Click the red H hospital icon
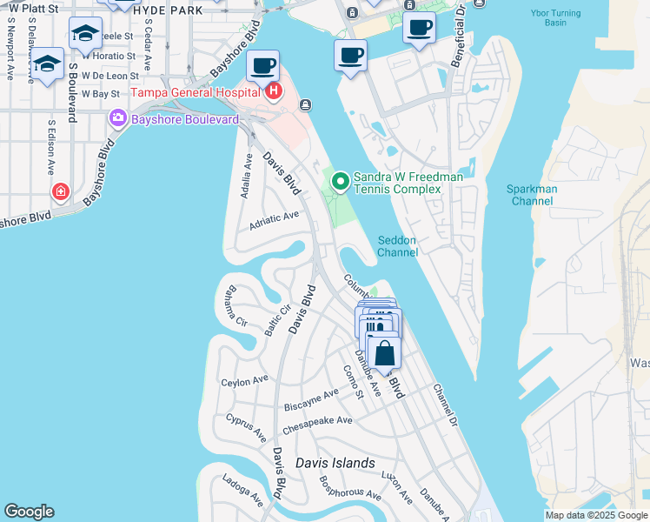pos(274,91)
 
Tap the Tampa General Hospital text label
pos(195,92)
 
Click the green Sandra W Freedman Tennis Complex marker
pos(341,182)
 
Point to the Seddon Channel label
pos(397,246)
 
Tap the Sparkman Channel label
pos(533,195)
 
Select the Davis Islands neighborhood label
pos(335,463)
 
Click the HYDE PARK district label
pos(168,10)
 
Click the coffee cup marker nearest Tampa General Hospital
pos(262,65)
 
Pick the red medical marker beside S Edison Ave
pos(60,191)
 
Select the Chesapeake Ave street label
pos(316,422)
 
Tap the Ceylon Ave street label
pos(244,381)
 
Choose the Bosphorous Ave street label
pos(349,487)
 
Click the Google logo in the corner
pos(29,512)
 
